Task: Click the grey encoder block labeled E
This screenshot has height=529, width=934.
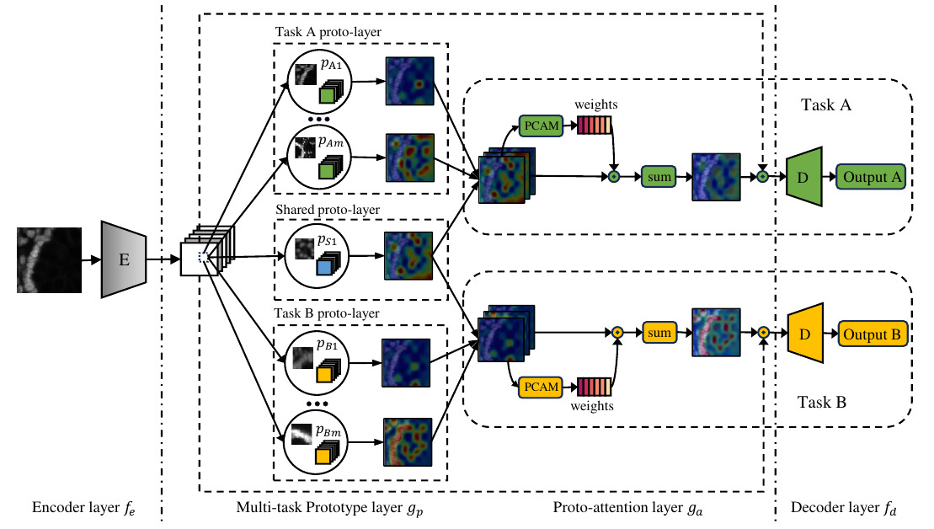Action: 124,259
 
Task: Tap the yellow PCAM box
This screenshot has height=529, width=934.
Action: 541,387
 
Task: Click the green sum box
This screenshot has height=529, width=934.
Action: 659,177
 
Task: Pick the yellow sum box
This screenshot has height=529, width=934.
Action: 659,333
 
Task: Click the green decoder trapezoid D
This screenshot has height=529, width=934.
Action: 803,177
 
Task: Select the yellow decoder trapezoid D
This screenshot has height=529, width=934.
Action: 803,334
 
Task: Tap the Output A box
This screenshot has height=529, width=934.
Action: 871,177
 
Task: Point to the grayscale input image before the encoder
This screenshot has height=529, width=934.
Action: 50,259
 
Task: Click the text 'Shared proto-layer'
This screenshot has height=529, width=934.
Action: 327,209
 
